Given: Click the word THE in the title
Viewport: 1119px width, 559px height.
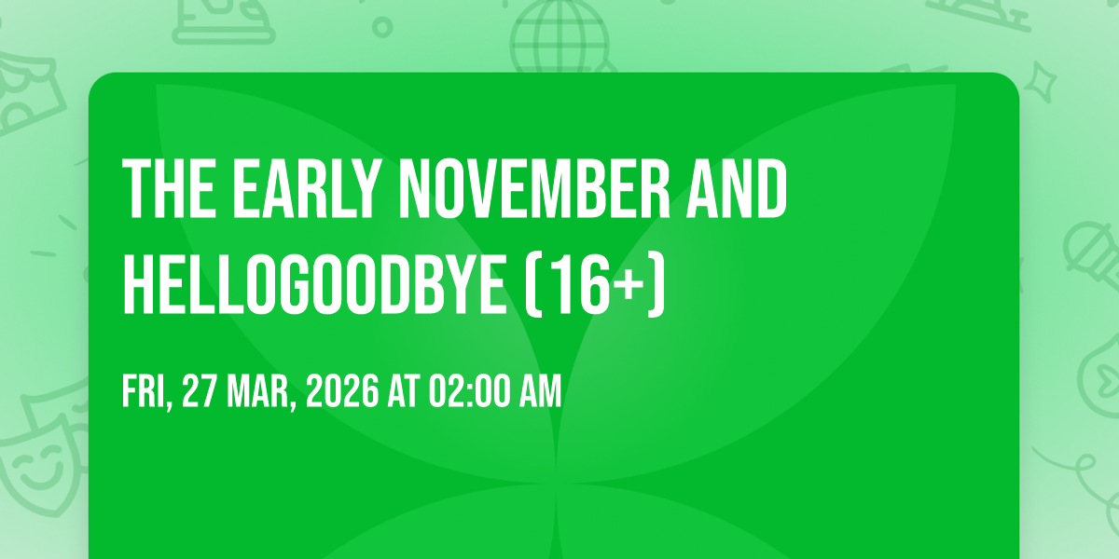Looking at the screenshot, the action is coord(169,188).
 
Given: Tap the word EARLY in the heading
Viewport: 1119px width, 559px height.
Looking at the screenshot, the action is coord(305,188).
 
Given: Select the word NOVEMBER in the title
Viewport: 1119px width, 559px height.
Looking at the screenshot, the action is coord(534,188).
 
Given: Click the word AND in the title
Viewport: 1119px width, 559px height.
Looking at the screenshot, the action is coord(738,188).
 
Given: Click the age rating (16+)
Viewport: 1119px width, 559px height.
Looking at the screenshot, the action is coord(596,283).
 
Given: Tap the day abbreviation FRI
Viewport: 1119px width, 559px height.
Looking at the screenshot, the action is coord(147,393).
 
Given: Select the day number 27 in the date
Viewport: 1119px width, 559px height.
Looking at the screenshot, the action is coord(200,392).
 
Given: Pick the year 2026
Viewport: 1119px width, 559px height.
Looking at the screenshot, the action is coord(343,392).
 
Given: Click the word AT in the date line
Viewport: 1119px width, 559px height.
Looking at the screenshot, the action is coord(404,392).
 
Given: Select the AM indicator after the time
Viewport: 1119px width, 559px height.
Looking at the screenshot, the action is coord(541,392).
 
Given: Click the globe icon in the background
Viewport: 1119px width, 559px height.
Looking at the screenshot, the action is coord(559,35).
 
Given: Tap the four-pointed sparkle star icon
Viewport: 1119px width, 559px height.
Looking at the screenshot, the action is coord(1041,82).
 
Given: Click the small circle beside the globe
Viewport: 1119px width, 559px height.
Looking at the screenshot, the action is coord(382,27).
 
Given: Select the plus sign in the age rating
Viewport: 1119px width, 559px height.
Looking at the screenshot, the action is coord(630,285).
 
